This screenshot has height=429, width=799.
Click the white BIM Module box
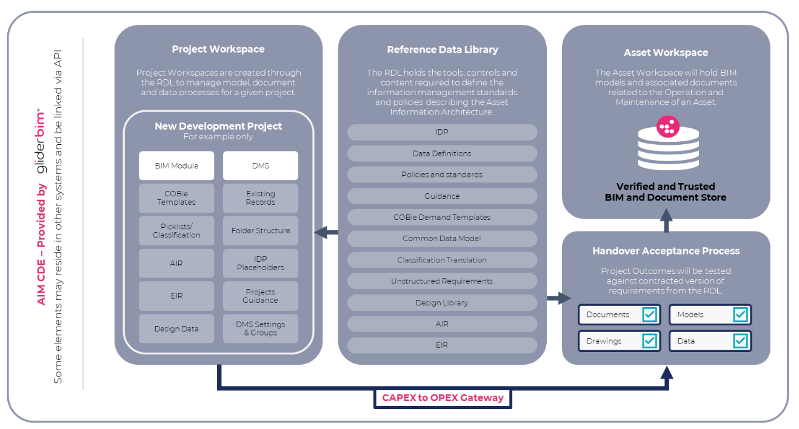click(176, 165)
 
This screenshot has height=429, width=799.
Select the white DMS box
click(260, 165)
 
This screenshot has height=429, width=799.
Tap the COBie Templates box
click(176, 198)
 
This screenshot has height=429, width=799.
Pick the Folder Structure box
click(260, 231)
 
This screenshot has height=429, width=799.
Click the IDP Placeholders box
click(260, 264)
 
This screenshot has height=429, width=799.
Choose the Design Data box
click(176, 328)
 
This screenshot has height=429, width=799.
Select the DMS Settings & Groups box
click(260, 328)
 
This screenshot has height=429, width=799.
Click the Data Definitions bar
click(442, 153)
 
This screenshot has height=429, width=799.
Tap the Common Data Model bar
click(442, 239)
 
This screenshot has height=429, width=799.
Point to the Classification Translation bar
click(442, 260)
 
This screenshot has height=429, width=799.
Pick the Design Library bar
click(442, 302)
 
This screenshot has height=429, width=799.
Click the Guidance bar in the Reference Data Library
click(442, 196)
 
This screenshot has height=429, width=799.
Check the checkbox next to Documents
click(649, 314)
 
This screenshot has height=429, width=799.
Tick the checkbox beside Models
click(740, 314)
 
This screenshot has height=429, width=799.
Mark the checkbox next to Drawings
click(649, 341)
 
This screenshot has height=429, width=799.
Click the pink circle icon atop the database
click(668, 127)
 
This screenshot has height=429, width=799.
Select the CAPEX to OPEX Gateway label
click(443, 398)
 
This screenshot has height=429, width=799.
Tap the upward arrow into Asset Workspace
click(666, 219)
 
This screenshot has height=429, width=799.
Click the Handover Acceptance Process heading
click(666, 251)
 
